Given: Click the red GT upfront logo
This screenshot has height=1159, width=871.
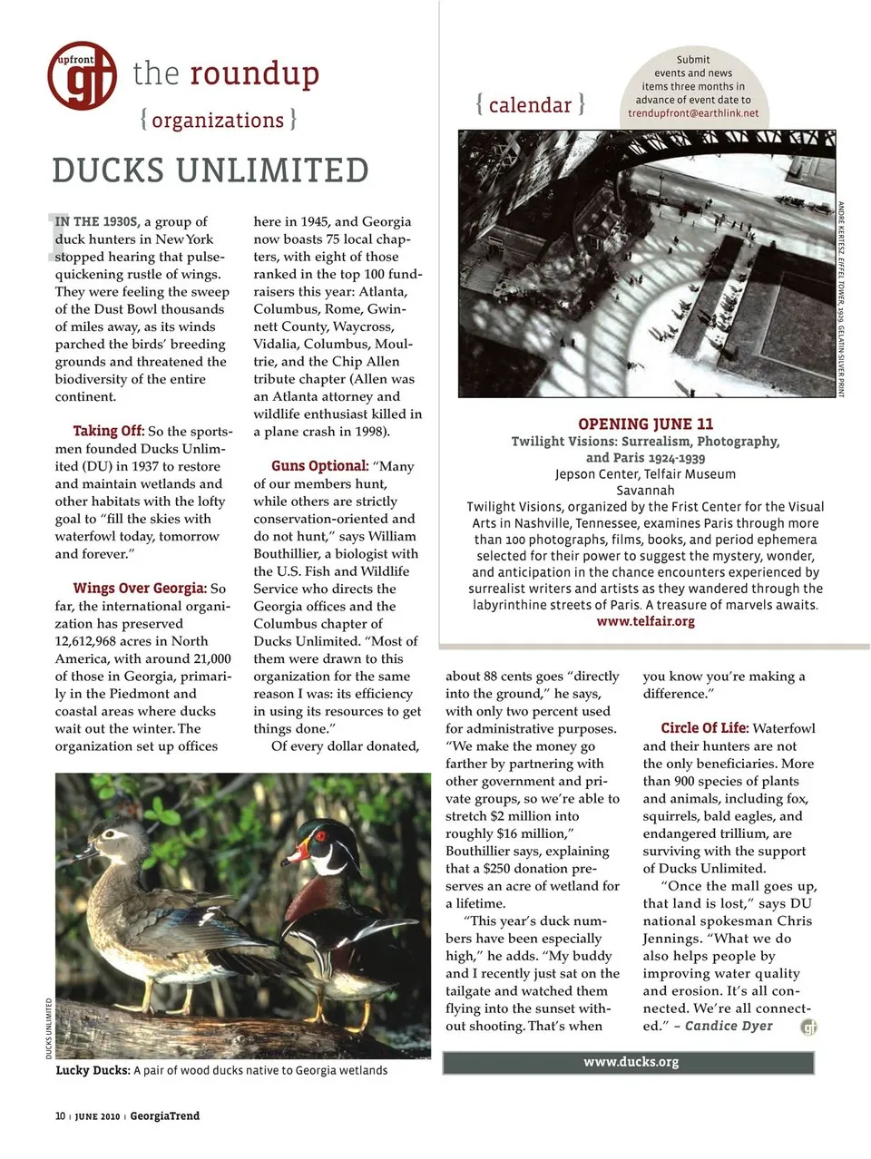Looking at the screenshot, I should click(82, 75).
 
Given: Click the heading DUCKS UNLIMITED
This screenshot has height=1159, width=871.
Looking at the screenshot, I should click(210, 170).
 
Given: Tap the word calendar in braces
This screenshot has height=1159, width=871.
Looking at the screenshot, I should click(530, 105).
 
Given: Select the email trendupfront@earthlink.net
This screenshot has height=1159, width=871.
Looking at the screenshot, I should click(693, 113).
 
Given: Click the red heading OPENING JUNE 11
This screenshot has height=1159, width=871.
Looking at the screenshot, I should click(645, 424).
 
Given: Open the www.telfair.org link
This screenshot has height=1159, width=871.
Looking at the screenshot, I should click(645, 621).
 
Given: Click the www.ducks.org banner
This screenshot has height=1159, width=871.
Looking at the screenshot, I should click(630, 1062).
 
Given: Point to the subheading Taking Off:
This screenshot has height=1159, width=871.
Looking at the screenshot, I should click(108, 431).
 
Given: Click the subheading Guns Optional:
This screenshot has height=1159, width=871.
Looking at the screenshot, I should click(319, 466).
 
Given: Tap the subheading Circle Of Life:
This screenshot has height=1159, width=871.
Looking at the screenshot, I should click(704, 728).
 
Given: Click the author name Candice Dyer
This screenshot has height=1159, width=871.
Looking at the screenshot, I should click(729, 1026).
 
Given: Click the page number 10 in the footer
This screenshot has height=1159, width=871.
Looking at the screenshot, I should click(60, 1115).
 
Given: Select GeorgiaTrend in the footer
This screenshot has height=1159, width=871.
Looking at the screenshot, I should click(164, 1115).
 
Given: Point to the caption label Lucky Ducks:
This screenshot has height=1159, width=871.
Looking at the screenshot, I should click(93, 1070).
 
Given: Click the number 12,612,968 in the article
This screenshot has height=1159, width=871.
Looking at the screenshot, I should click(94, 641).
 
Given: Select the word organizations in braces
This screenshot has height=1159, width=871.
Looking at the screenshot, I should click(218, 120).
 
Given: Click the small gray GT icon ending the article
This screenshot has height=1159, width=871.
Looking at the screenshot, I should click(809, 1027).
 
